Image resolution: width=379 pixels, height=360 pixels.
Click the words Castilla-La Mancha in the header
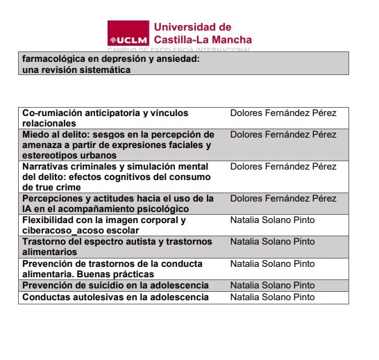coord(203,40)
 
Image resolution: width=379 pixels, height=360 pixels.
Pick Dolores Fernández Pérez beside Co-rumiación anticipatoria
coord(283,113)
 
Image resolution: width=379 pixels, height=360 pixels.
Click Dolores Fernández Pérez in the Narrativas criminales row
coord(283,167)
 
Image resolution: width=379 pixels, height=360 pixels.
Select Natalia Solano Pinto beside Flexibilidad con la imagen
coord(272,220)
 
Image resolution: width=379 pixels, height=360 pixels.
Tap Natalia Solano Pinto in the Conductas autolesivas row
coord(272,297)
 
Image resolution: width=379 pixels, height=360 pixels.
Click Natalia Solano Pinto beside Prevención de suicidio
coord(272,286)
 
